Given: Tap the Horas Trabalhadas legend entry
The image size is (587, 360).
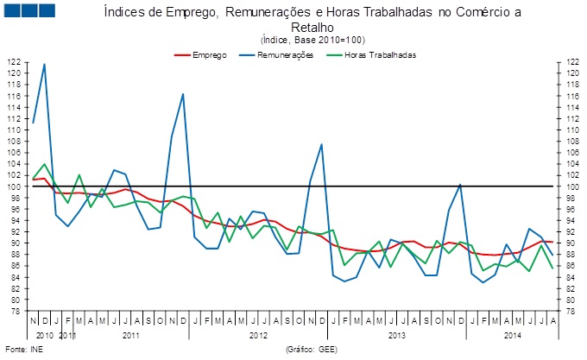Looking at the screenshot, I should pos(380,54).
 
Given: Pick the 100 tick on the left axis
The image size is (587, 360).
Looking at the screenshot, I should pos(14,186).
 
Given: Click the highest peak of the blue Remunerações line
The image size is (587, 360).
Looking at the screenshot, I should pos(44,64).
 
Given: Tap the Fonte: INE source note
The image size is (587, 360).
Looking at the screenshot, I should pos(22,350).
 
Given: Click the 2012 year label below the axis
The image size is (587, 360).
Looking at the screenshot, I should pos(258,333).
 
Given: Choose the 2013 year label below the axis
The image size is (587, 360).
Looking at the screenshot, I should pos(397,333).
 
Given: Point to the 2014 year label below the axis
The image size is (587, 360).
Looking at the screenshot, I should pos(513,333).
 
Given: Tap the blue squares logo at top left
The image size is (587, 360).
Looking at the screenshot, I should pos(29,10).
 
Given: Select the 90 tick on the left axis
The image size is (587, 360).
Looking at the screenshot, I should pos(14,243).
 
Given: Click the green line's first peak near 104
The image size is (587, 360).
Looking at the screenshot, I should pos(44,163).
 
